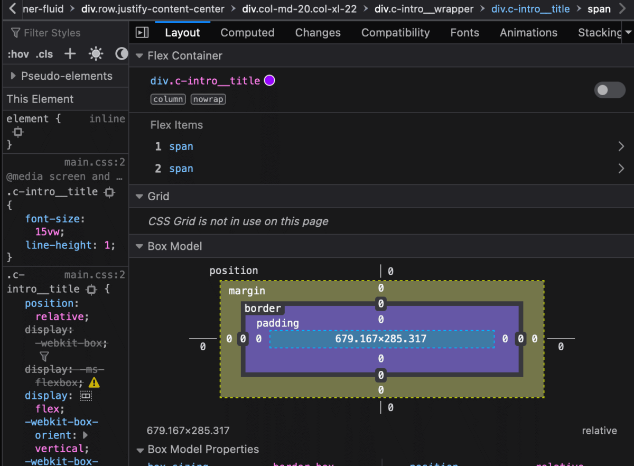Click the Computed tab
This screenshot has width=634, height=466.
point(247,33)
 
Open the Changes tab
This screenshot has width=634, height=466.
point(318,33)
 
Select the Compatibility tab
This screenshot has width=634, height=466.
point(395,33)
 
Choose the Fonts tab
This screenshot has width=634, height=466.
point(464,33)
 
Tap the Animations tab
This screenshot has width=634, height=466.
point(528,33)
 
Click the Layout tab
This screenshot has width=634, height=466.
point(182,33)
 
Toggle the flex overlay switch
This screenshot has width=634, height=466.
point(610,90)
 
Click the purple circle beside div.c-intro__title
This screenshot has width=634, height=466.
point(269,81)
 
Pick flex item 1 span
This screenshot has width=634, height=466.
point(181,147)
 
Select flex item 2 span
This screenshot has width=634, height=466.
point(181,169)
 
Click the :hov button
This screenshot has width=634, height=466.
point(18,54)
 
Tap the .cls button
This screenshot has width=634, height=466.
point(44,54)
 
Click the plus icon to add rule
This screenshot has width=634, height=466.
point(70,54)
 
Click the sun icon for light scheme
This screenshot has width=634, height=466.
point(96,54)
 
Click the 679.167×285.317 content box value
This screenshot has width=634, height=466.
point(381,339)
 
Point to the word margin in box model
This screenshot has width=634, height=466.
point(247,291)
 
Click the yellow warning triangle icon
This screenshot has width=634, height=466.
point(94,383)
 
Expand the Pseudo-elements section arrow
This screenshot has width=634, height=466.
point(13,76)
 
